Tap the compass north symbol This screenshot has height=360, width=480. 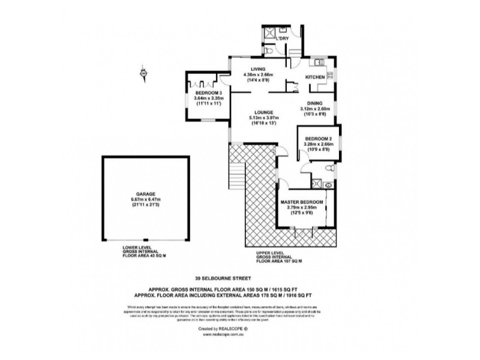coord(143,73)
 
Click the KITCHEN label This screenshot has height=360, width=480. coord(316,77)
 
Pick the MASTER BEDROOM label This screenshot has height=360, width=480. coord(302,203)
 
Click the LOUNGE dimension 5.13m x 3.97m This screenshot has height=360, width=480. coord(263,118)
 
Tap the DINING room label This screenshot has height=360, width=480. coord(315,103)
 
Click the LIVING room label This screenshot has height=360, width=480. coord(258,69)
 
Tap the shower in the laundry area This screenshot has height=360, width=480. coord(269,34)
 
